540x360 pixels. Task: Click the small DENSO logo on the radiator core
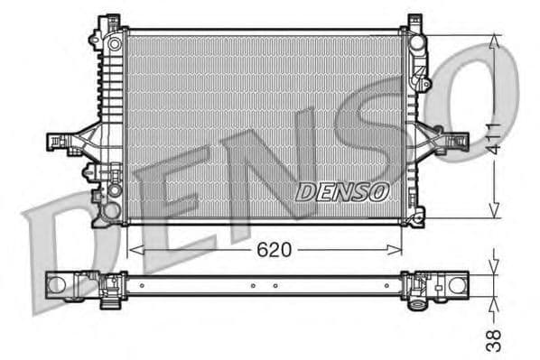(x=342, y=191)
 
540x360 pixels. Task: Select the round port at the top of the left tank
(x=113, y=42)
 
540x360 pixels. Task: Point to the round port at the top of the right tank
(x=416, y=42)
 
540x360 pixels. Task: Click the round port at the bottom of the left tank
(x=111, y=210)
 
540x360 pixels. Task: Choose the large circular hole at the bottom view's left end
(x=60, y=286)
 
